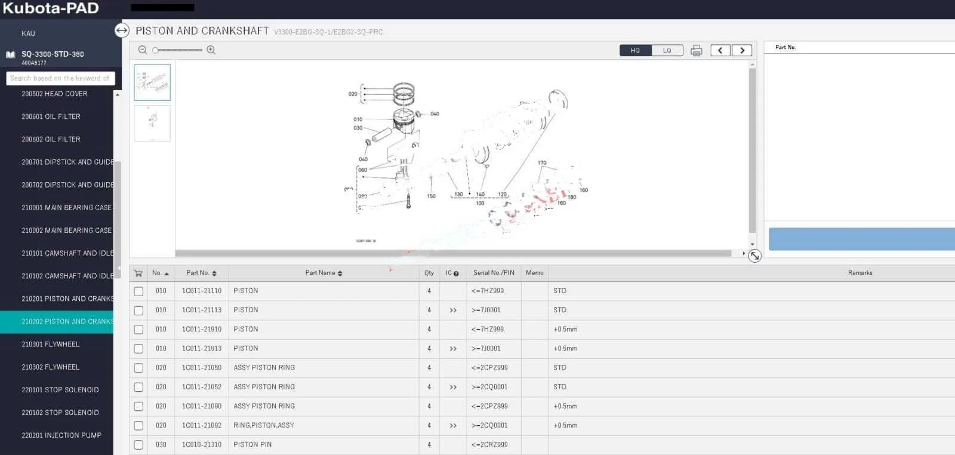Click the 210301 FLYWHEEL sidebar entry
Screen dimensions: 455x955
pos(51,345)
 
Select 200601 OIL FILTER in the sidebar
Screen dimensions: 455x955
pos(51,116)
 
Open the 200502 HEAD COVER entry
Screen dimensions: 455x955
pos(54,94)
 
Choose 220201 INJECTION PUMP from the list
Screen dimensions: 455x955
pos(61,435)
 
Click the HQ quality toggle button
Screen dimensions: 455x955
pos(635,51)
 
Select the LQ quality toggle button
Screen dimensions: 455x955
pos(667,51)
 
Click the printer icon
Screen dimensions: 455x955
pos(696,51)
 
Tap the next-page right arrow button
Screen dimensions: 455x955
pos(742,51)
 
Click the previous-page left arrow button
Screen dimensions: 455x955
pos(720,51)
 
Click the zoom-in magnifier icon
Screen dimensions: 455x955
pos(211,50)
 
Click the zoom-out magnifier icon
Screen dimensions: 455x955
pos(143,50)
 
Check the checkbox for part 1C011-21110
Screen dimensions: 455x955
pos(138,291)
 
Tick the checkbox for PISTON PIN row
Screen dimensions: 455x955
pos(138,445)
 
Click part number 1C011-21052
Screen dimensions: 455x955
pos(202,387)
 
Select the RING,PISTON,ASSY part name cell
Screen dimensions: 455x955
pos(264,425)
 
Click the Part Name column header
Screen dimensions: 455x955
pos(323,273)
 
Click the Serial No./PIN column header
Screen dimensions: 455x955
pos(494,273)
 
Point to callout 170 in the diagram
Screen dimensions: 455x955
pos(542,163)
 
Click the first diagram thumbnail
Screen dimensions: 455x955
pos(152,82)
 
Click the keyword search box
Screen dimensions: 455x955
pos(60,78)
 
